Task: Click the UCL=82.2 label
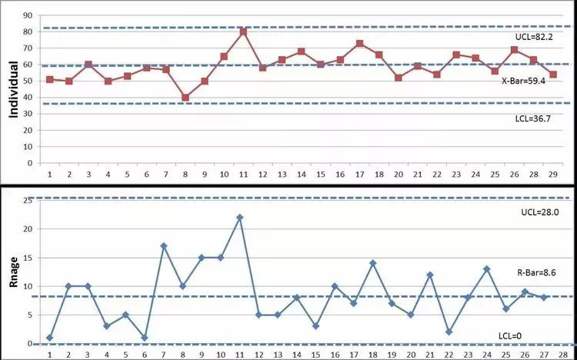pyautogui.click(x=533, y=37)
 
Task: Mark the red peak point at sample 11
pyautogui.click(x=243, y=32)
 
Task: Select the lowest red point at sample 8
pyautogui.click(x=185, y=98)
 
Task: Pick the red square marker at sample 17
pyautogui.click(x=359, y=43)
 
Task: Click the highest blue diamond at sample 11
pyautogui.click(x=239, y=218)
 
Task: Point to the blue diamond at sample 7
pyautogui.click(x=164, y=246)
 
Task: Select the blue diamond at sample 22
pyautogui.click(x=448, y=332)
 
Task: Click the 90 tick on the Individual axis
pyautogui.click(x=28, y=15)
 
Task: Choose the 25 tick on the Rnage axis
pyautogui.click(x=28, y=200)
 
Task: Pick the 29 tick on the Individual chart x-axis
pyautogui.click(x=552, y=176)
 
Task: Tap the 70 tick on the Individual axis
pyautogui.click(x=28, y=48)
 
